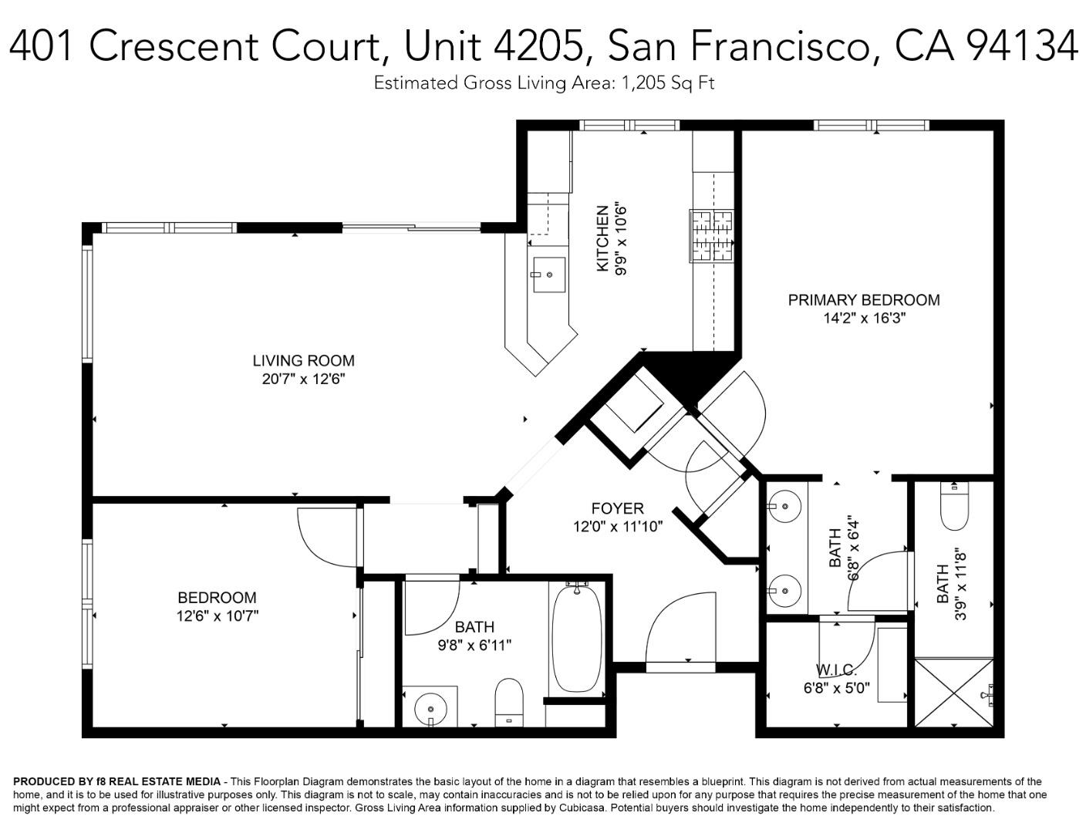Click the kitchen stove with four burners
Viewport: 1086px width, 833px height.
coord(712,236)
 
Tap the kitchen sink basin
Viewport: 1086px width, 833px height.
coord(548,275)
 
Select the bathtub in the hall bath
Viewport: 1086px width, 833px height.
coord(577,640)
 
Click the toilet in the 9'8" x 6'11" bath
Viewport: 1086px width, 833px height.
coord(509,702)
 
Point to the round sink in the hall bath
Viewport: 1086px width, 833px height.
coord(430,708)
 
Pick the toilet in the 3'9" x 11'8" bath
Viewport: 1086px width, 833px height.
coord(954,505)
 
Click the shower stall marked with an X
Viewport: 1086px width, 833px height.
coord(953,693)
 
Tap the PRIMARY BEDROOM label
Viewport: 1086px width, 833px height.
coord(864,300)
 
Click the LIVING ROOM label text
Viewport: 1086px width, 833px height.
coord(303,360)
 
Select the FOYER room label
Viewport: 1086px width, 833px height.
coord(618,508)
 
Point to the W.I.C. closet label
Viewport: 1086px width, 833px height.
coord(836,669)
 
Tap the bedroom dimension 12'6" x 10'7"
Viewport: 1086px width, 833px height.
coord(217,616)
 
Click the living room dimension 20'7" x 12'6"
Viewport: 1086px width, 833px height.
coord(303,379)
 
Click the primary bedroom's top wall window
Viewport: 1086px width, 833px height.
coord(871,125)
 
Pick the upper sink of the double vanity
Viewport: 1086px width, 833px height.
coord(784,507)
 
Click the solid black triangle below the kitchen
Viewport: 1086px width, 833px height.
coord(690,373)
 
